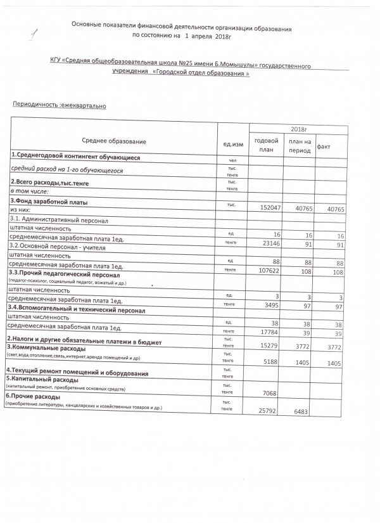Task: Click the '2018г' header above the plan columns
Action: pyautogui.click(x=298, y=128)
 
